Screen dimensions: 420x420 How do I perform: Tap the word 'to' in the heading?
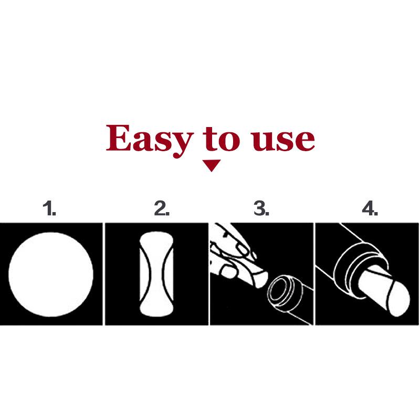coord(222,139)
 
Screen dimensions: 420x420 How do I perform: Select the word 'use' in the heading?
coord(283,141)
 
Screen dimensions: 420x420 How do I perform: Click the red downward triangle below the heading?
coord(212,165)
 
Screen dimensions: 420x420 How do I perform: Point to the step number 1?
coord(49,208)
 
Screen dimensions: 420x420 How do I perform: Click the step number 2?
coord(162,208)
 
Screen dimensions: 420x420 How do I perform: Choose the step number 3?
coord(261,208)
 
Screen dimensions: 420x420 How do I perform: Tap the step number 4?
coord(370,208)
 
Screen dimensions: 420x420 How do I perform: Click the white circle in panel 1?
coord(51,274)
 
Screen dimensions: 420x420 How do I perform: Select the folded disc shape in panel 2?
coord(156,274)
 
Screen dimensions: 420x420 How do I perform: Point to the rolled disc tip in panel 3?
coord(260,279)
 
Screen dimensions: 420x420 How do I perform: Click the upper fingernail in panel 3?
coord(243,250)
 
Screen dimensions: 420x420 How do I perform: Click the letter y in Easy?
coord(181,144)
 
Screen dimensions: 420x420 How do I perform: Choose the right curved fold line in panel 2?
coord(167,274)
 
